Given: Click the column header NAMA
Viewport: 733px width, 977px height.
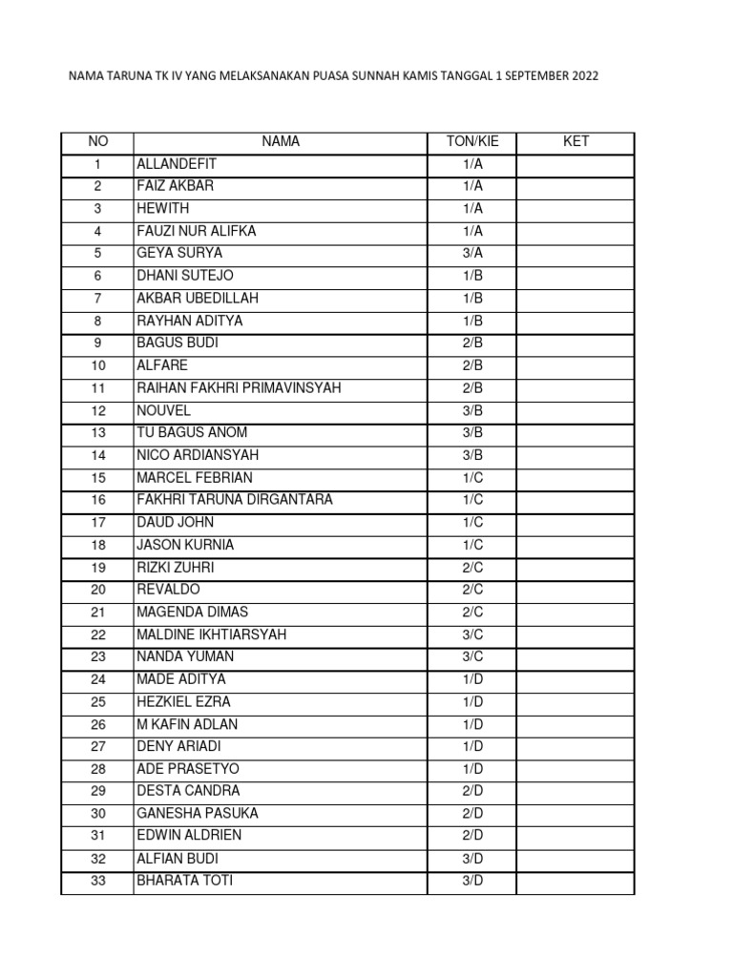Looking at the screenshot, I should click(x=281, y=142).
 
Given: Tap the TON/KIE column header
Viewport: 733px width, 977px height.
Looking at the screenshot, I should click(x=471, y=142).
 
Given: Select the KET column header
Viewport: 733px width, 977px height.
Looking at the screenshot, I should click(x=576, y=142).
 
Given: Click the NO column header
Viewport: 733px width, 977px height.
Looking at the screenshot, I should click(x=97, y=142).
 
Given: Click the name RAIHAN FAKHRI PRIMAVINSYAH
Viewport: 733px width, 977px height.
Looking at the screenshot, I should click(x=239, y=388).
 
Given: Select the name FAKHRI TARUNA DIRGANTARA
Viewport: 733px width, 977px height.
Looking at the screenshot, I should click(x=235, y=500).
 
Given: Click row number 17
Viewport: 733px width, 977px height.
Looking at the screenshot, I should click(x=97, y=523).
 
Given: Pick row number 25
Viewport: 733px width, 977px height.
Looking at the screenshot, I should click(x=97, y=702).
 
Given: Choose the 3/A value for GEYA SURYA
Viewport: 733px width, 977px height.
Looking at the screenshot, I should click(x=471, y=254).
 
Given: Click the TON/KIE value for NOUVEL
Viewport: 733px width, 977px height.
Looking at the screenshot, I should click(x=471, y=411).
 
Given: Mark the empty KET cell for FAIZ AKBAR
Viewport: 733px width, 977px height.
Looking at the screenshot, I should click(x=576, y=186).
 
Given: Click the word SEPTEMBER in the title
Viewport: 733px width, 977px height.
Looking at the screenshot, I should click(x=535, y=76).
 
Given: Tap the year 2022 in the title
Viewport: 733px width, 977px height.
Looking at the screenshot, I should click(x=586, y=76).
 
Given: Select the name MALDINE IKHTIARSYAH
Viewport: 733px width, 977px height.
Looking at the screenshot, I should click(x=211, y=634).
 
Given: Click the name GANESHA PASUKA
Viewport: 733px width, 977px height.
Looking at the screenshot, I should click(x=198, y=814).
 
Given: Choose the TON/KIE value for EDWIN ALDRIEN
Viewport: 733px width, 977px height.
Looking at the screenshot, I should click(x=471, y=836).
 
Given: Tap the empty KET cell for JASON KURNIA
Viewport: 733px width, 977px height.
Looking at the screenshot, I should click(x=576, y=545).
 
